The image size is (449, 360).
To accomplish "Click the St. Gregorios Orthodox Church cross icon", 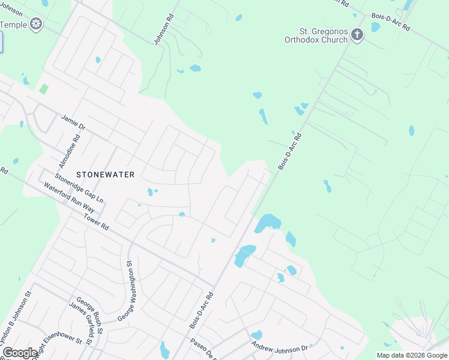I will click(357, 35).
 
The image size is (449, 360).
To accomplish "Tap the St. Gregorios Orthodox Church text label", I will click(316, 35).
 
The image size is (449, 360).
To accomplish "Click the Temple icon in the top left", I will click(37, 25).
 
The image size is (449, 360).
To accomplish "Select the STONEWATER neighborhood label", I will click(105, 174).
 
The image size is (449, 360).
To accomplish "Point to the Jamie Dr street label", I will click(74, 122).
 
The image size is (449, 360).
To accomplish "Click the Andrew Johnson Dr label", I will click(280, 347).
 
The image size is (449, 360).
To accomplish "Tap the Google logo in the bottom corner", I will click(20, 353).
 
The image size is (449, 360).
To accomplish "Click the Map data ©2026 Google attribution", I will click(411, 355).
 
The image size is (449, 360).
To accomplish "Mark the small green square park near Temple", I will click(43, 89).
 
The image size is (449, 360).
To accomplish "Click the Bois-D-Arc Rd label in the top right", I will click(390, 23).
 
